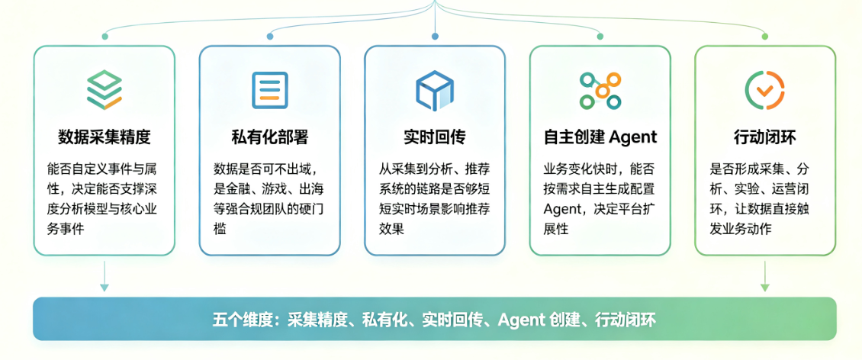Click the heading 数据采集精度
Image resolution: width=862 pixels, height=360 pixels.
click(105, 137)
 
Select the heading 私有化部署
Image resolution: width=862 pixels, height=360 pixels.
click(269, 137)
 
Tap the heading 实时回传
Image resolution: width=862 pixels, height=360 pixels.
click(434, 137)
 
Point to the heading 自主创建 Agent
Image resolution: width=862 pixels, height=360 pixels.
click(600, 137)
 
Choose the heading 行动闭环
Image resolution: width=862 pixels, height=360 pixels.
click(764, 137)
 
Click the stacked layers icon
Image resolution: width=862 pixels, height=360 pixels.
click(105, 89)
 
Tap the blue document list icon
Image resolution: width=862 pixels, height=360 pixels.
click(269, 89)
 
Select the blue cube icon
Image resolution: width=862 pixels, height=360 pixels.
click(434, 89)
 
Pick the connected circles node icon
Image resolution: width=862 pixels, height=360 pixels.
click(600, 89)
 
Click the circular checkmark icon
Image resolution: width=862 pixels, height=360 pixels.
click(764, 89)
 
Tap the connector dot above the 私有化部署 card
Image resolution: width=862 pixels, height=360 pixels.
click(270, 37)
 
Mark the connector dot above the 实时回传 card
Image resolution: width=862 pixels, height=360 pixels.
click(435, 37)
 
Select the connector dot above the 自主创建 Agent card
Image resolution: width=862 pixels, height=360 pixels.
click(600, 37)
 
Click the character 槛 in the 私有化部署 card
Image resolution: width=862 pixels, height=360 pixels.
click(220, 229)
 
